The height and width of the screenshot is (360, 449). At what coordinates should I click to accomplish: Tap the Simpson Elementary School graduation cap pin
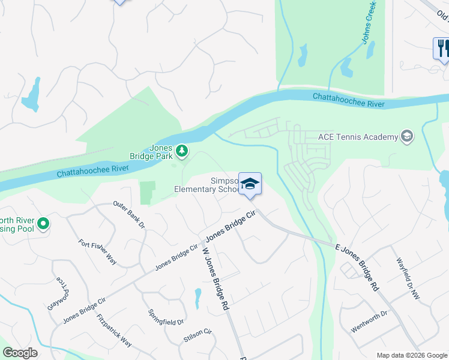(x=250, y=185)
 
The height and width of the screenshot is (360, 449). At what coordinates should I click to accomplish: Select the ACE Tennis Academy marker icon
(x=408, y=137)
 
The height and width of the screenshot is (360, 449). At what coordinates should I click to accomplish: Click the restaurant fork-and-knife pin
(x=442, y=48)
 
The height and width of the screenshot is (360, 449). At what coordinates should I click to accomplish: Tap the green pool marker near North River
(x=43, y=224)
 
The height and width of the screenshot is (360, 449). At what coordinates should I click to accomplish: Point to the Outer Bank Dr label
(x=130, y=215)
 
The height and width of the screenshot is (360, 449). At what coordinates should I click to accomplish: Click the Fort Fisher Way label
(x=98, y=252)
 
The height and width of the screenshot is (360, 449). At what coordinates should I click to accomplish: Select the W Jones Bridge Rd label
(x=215, y=278)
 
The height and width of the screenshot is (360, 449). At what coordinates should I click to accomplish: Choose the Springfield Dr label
(x=166, y=317)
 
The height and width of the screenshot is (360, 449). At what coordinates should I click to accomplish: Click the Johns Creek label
(x=369, y=23)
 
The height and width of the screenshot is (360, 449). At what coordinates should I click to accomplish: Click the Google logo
(x=20, y=353)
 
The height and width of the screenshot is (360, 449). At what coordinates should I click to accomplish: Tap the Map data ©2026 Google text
(x=411, y=355)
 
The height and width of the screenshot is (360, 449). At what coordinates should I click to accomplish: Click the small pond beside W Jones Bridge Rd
(x=197, y=297)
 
